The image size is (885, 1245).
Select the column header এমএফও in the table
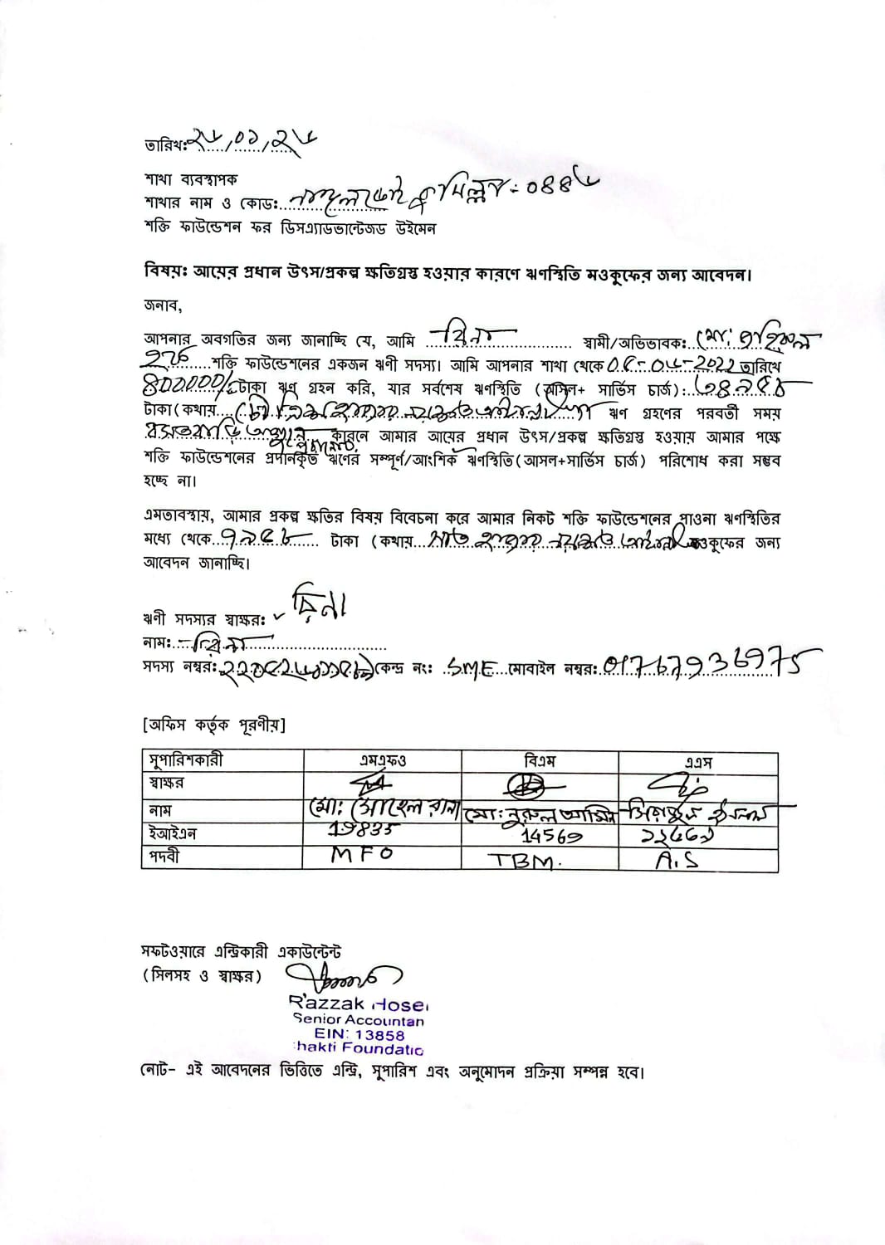tap(383, 760)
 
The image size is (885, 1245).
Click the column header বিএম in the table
tap(540, 760)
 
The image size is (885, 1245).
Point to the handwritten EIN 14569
tap(551, 836)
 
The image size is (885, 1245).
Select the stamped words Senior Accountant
tap(358, 1020)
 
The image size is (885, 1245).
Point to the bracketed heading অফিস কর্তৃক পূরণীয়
tap(213, 725)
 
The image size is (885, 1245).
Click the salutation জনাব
tap(163, 305)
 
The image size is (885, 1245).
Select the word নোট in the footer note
tap(154, 1072)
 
